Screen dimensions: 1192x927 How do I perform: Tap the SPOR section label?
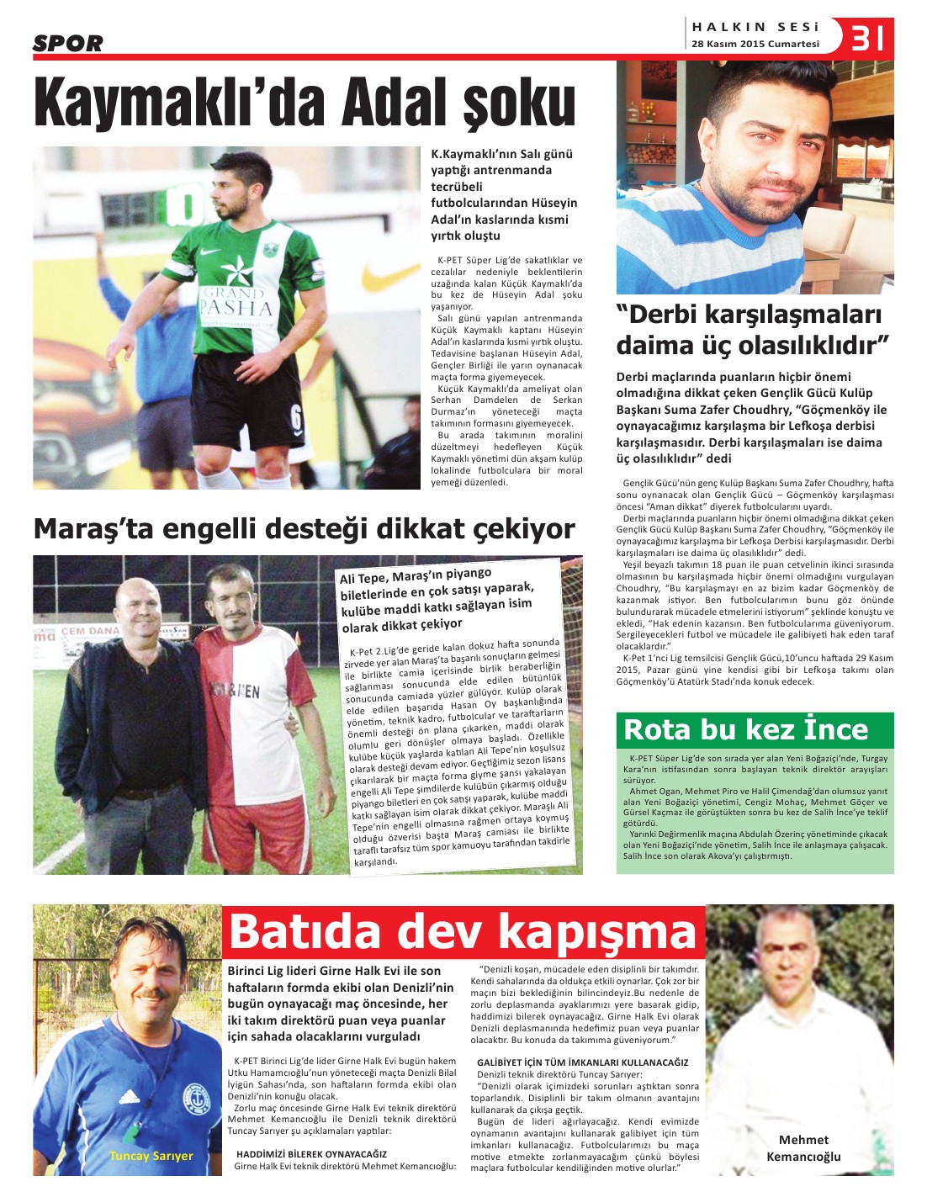pos(67,44)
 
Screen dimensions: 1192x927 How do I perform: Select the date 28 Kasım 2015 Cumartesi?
pos(755,44)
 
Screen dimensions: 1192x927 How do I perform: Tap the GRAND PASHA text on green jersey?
pos(236,301)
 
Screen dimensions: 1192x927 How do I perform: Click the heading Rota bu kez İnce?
pos(745,729)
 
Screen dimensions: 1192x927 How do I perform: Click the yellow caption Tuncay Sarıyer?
pos(151,1156)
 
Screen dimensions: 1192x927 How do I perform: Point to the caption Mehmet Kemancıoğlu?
pos(803,1147)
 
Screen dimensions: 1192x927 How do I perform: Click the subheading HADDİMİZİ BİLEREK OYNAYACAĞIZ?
pos(311,1154)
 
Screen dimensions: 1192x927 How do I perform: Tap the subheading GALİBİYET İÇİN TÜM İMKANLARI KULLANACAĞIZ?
pos(582,1062)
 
